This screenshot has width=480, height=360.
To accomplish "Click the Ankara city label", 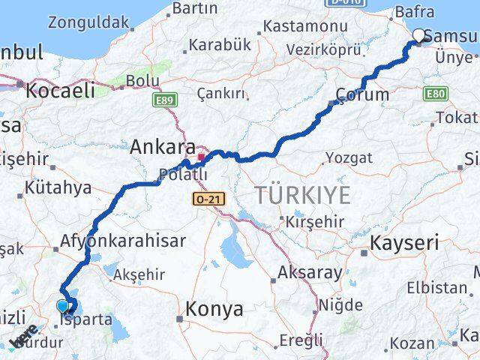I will tap(163, 148).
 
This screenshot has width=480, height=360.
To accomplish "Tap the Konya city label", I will tap(214, 308).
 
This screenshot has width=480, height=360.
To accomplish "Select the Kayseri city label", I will tap(405, 243).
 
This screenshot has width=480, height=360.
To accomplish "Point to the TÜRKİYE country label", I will tap(303, 196).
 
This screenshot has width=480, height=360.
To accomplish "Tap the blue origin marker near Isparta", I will tap(62, 306).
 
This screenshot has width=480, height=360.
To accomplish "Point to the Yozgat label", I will tap(348, 157).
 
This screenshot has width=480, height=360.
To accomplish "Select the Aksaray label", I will tap(310, 272).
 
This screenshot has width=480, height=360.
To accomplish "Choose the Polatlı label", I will tap(182, 175).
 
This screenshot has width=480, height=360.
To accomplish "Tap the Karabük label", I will tap(220, 45).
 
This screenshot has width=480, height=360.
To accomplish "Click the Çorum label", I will tap(363, 94).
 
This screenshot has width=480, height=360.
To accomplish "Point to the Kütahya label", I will tap(58, 187).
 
